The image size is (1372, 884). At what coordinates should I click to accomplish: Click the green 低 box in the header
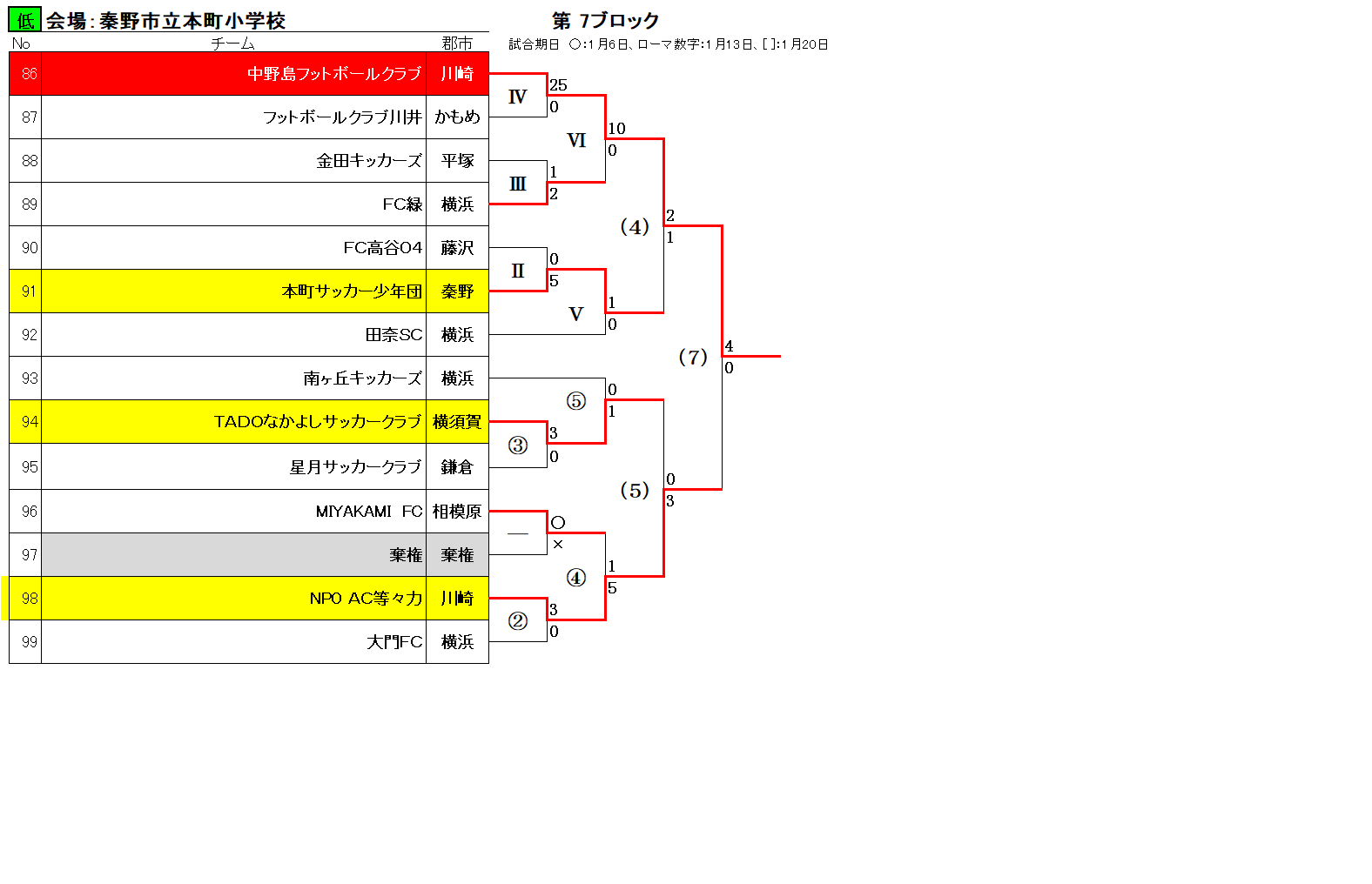(x=24, y=20)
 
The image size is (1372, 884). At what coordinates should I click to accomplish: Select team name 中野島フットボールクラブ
(x=334, y=74)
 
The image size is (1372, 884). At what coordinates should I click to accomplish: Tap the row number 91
(x=29, y=291)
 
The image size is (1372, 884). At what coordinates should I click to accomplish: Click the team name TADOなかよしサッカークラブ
(x=318, y=422)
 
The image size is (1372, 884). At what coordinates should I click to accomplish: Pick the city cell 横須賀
(x=457, y=422)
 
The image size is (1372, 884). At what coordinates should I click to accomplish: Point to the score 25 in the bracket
(x=558, y=84)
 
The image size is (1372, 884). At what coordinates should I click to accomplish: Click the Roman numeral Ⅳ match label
(x=518, y=97)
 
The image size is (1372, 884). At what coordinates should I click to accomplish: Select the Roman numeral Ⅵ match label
(x=576, y=140)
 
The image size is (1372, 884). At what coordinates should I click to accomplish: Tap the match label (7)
(x=693, y=357)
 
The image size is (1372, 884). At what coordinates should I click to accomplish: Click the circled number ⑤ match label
(x=575, y=401)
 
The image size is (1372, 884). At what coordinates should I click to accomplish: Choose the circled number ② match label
(x=518, y=620)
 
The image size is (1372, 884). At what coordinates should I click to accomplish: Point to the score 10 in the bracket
(x=616, y=129)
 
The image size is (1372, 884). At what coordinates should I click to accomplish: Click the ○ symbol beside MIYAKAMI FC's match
(x=557, y=522)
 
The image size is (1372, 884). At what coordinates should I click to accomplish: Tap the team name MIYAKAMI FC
(x=369, y=512)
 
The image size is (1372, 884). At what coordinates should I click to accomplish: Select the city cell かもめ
(x=457, y=117)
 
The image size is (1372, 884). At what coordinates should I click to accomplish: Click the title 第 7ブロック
(x=605, y=21)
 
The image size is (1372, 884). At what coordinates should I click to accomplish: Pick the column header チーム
(x=232, y=44)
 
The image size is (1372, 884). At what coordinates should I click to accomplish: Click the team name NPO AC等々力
(x=366, y=598)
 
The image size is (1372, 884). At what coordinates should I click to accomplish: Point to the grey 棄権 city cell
(x=457, y=554)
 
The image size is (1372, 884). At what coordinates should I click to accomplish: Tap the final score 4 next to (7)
(x=729, y=346)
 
